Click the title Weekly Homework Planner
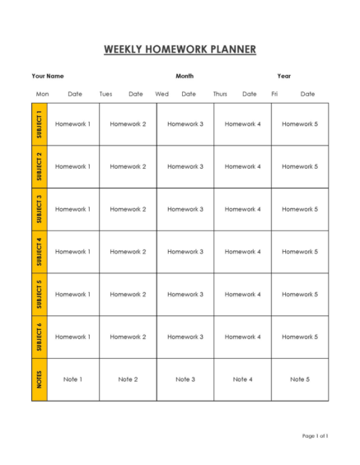pyautogui.click(x=180, y=49)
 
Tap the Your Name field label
pyautogui.click(x=48, y=76)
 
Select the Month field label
pyautogui.click(x=185, y=76)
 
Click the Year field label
pyautogui.click(x=284, y=76)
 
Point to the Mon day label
pyautogui.click(x=43, y=94)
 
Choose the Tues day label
pyautogui.click(x=106, y=94)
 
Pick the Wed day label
pyautogui.click(x=162, y=94)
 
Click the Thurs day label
pyautogui.click(x=220, y=94)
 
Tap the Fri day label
pyautogui.click(x=274, y=94)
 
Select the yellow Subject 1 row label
pyautogui.click(x=40, y=124)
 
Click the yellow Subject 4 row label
pyautogui.click(x=40, y=252)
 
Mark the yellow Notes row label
pyautogui.click(x=40, y=379)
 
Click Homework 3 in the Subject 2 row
pyautogui.click(x=185, y=166)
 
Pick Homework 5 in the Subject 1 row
pyautogui.click(x=300, y=124)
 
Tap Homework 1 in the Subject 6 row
pyautogui.click(x=72, y=337)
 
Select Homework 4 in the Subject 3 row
pyautogui.click(x=242, y=209)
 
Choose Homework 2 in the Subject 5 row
pyautogui.click(x=128, y=294)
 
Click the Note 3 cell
pyautogui.click(x=185, y=379)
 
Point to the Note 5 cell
pyautogui.click(x=300, y=379)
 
